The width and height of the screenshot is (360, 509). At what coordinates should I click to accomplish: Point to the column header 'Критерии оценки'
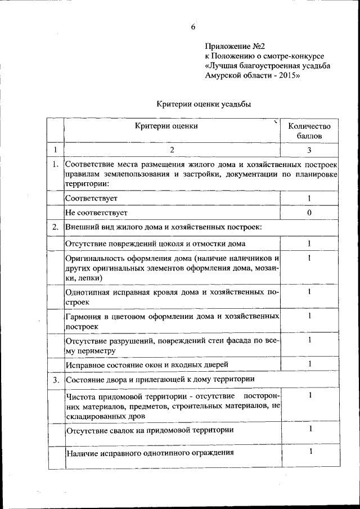[166, 126]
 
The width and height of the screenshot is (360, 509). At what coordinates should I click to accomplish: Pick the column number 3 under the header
[309, 150]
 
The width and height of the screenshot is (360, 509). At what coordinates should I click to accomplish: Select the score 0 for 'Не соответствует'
[309, 213]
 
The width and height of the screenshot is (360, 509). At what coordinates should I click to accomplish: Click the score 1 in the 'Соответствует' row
[309, 199]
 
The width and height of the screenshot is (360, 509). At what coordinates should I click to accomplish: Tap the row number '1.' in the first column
[55, 165]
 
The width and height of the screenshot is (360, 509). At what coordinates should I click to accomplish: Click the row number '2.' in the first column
[55, 228]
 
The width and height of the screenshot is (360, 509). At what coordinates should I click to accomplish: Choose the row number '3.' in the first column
[55, 380]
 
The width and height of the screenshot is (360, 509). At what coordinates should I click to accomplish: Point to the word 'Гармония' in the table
[84, 316]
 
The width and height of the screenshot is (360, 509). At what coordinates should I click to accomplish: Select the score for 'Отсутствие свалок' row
[309, 430]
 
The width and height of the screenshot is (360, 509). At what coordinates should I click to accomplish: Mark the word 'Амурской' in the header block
[223, 76]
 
